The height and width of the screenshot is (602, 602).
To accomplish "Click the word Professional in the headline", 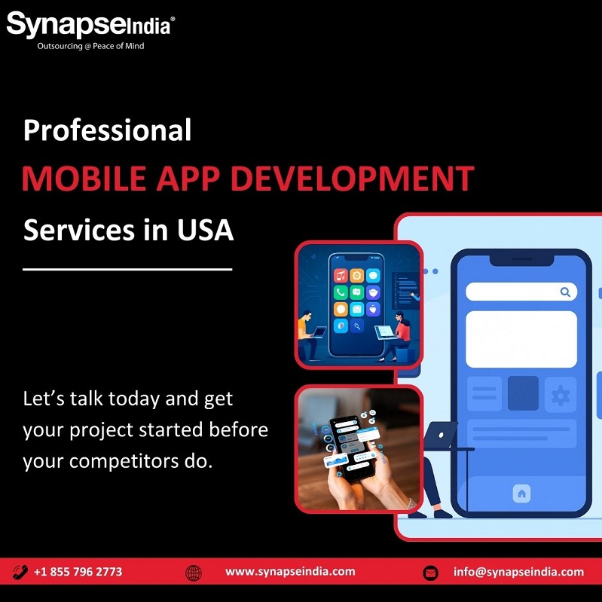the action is [x=107, y=130].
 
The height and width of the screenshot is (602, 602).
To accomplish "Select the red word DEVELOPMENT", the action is [x=352, y=179].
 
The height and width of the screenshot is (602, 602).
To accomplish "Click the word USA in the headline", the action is [x=205, y=230].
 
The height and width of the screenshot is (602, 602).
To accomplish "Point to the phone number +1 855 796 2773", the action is [x=78, y=572].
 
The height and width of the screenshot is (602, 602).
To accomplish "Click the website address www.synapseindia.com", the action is [x=290, y=571].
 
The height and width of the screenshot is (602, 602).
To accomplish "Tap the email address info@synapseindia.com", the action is [x=518, y=572].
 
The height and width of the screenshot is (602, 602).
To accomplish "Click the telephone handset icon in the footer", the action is [x=20, y=572].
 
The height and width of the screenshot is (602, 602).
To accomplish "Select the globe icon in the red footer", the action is [x=194, y=573].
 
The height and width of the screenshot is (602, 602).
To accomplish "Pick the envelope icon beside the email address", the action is [x=430, y=573].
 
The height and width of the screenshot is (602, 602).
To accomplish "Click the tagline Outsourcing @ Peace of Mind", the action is [x=90, y=46].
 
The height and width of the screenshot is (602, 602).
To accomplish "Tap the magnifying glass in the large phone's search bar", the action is [x=565, y=292].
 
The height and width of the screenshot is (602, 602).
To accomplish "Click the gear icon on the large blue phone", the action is [x=561, y=396].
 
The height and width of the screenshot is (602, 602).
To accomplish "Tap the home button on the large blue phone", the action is [x=521, y=494].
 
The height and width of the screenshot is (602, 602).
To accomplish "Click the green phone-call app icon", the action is [x=341, y=292].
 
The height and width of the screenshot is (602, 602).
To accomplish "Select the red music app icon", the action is [x=341, y=276].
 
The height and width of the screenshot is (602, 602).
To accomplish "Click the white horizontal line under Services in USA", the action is [x=127, y=270].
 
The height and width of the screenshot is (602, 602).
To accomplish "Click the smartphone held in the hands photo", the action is [x=350, y=448].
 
